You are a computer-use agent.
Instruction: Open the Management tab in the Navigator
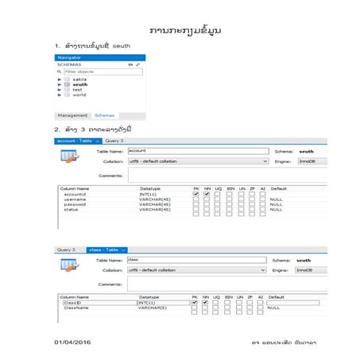tap(72, 115)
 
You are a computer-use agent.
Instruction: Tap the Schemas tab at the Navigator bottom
tap(104, 115)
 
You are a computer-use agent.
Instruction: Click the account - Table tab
tap(76, 141)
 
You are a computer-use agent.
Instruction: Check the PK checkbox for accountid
tap(195, 193)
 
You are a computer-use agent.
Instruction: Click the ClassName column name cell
tap(78, 307)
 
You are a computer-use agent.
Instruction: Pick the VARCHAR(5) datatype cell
tap(152, 307)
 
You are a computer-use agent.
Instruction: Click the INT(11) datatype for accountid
tap(149, 193)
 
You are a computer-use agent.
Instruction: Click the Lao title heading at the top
tap(184, 30)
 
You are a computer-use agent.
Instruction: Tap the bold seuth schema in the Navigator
tap(80, 84)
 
